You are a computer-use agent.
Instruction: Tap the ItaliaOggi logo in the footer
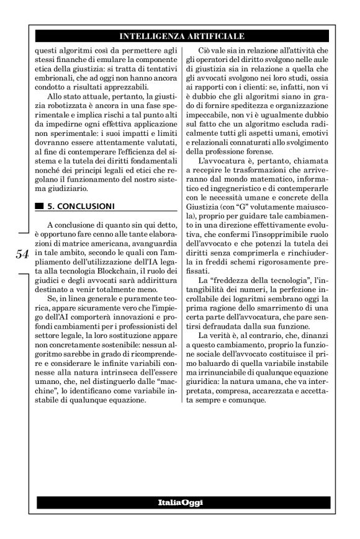pos(181,501)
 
